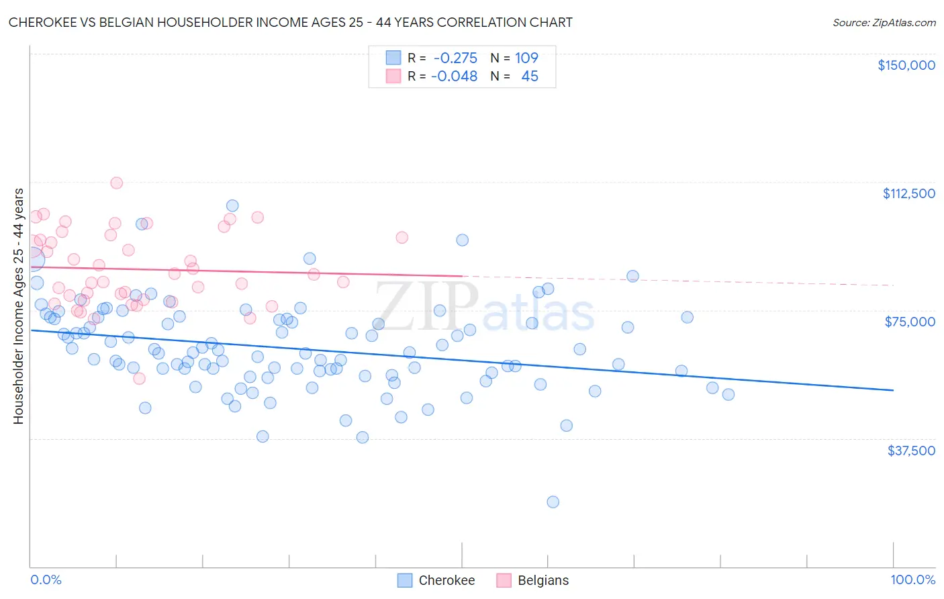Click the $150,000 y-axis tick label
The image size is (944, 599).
pos(906,65)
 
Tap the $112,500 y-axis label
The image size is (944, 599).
pos(908,193)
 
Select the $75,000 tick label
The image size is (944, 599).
pos(910,322)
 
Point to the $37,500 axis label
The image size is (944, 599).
pos(911,451)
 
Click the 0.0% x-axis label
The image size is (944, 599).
pos(46,580)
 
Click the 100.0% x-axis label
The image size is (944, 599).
pos(912,580)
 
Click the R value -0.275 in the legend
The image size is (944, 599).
pos(455,58)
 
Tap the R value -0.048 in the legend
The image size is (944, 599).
pos(454,77)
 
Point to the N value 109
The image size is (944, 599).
pos(526,58)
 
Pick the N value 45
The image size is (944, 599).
pos(530,77)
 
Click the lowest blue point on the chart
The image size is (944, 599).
pos(553,502)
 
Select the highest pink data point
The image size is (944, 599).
pos(116,183)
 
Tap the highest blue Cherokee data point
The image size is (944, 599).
pos(232,205)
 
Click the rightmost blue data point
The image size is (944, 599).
pos(728,394)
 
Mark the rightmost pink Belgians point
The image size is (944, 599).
pos(402,237)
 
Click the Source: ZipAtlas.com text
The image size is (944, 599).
pos(884,22)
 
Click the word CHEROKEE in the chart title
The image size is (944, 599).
pos(41,22)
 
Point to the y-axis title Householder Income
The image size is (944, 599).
pos(18,306)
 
